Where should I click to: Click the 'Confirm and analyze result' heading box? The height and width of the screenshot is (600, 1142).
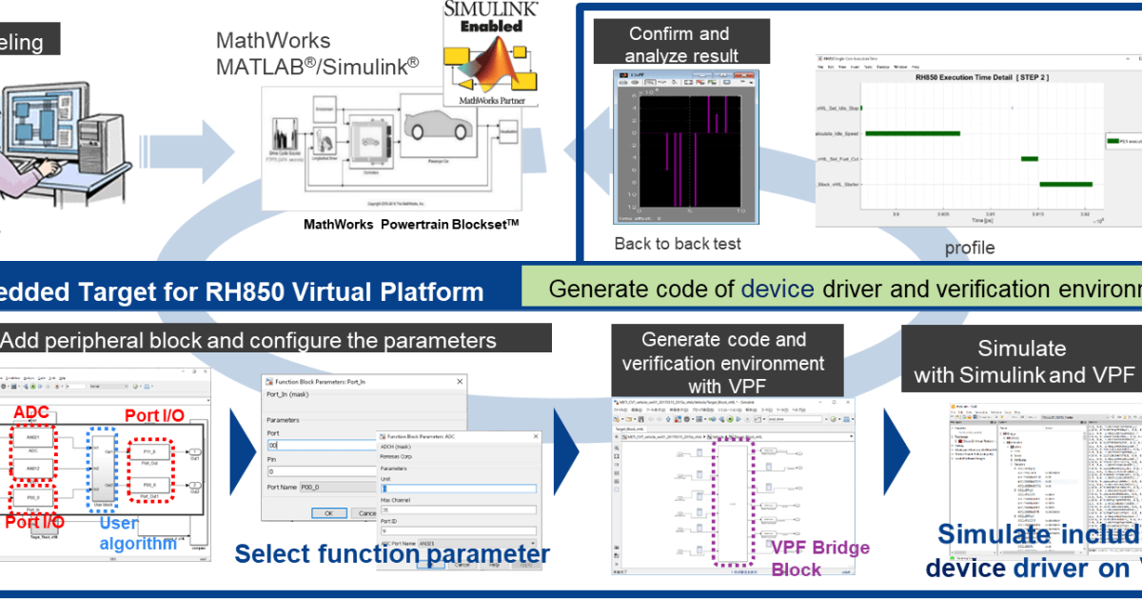coord(679,45)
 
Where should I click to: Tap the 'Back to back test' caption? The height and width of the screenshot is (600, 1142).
coord(678,244)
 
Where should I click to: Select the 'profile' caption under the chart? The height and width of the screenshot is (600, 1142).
coord(969,248)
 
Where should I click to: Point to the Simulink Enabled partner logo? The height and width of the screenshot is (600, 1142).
coord(491,52)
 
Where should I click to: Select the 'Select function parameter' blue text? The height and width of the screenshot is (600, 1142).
coord(392,554)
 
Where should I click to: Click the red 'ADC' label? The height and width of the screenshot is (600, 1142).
coord(32,411)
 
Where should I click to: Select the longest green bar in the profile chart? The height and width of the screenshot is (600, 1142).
coord(912,134)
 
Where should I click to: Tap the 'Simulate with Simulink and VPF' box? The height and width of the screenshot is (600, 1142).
coord(1021,363)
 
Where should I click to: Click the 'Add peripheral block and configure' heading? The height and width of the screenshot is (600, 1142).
coord(249,340)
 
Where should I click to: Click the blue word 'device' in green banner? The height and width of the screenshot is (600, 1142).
coord(778,289)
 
